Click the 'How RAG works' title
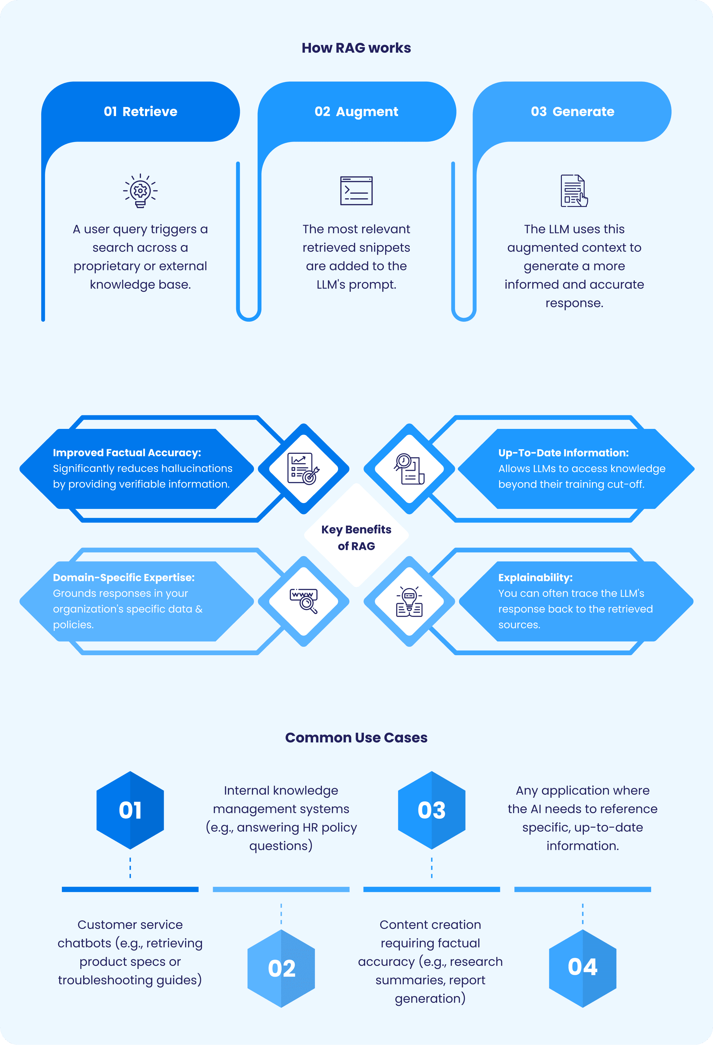[356, 48]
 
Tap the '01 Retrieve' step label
[140, 111]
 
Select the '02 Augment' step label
[356, 111]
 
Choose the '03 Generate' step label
[572, 111]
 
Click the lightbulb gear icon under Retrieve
[140, 191]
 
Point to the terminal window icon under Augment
[356, 191]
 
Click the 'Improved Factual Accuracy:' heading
[127, 453]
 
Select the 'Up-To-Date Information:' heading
[563, 453]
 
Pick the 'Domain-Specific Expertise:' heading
[124, 577]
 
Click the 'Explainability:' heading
[535, 577]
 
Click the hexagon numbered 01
[130, 810]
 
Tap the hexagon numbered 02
[281, 969]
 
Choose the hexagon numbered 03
[432, 810]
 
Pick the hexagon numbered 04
[583, 969]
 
